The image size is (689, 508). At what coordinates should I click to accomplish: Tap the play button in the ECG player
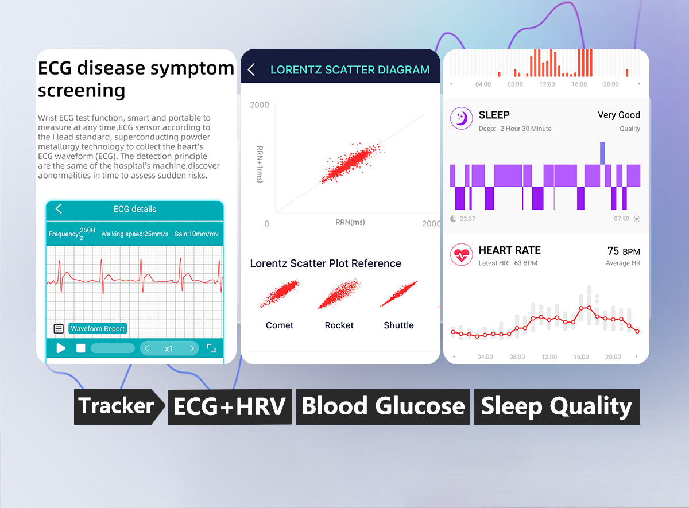tap(61, 348)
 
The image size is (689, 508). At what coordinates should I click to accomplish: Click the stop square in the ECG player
tap(80, 348)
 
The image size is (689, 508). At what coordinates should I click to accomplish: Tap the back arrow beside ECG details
tap(59, 208)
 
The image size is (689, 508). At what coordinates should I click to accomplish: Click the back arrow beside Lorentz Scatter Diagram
tap(251, 69)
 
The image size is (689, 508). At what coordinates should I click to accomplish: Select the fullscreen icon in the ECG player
tap(211, 348)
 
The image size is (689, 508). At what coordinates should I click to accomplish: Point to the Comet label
tap(279, 325)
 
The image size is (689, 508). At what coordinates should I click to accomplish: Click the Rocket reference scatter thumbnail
tap(339, 294)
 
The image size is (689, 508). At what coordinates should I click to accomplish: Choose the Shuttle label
tap(398, 325)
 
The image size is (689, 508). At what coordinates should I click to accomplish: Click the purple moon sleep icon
tap(462, 118)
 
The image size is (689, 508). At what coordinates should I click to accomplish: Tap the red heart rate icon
tap(462, 255)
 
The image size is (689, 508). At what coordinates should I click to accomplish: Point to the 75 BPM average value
tap(624, 251)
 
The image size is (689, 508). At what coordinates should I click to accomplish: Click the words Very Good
tap(619, 115)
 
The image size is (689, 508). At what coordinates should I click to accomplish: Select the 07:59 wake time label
tap(621, 219)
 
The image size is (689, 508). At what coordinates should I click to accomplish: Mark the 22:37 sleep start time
tap(467, 219)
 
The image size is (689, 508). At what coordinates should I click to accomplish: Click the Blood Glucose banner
tap(382, 406)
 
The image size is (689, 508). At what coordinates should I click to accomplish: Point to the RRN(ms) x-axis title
tap(350, 222)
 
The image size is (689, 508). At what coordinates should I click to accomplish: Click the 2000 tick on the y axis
tap(260, 105)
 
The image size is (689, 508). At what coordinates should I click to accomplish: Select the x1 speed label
tap(169, 349)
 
